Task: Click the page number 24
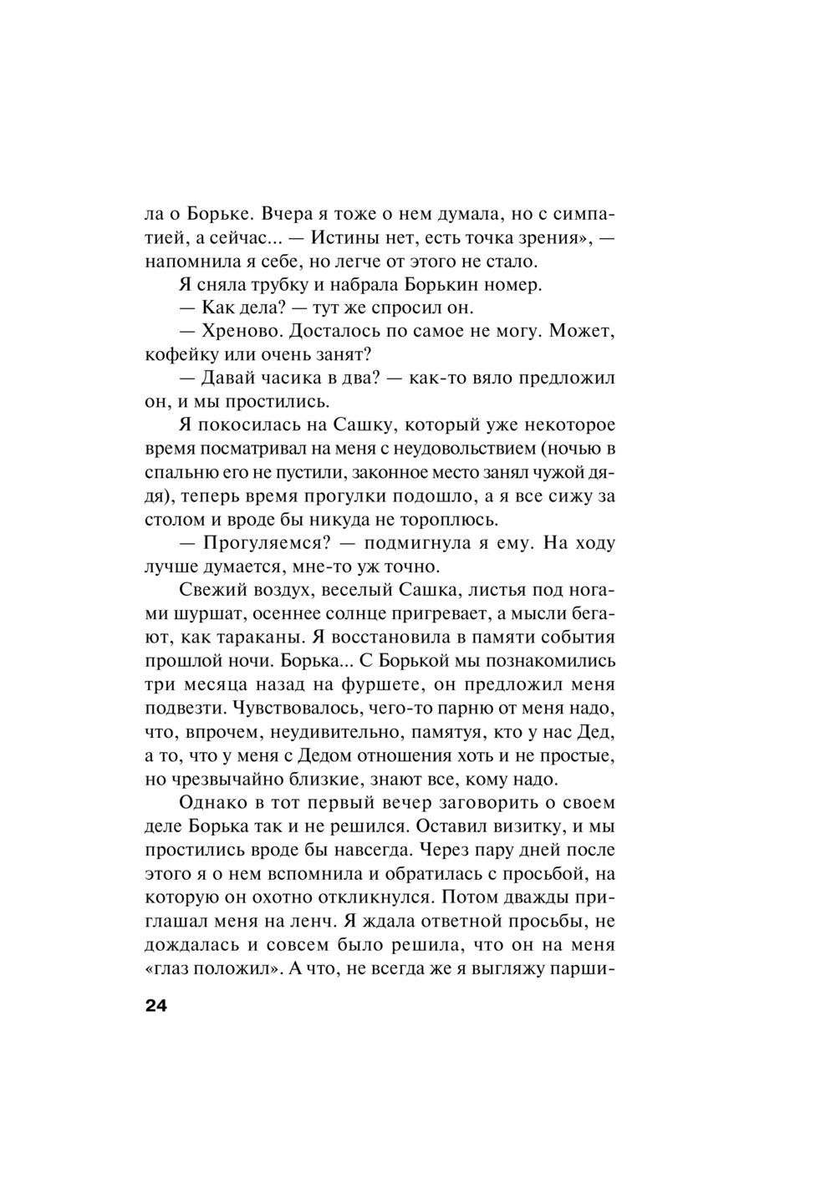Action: tap(156, 1005)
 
